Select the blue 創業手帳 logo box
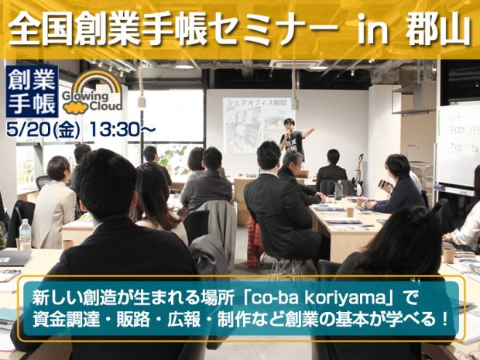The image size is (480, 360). pyautogui.click(x=29, y=91)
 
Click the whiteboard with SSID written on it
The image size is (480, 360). pyautogui.click(x=457, y=143)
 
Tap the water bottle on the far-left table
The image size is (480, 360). pyautogui.click(x=25, y=234)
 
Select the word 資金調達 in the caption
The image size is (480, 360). pyautogui.click(x=63, y=318)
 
